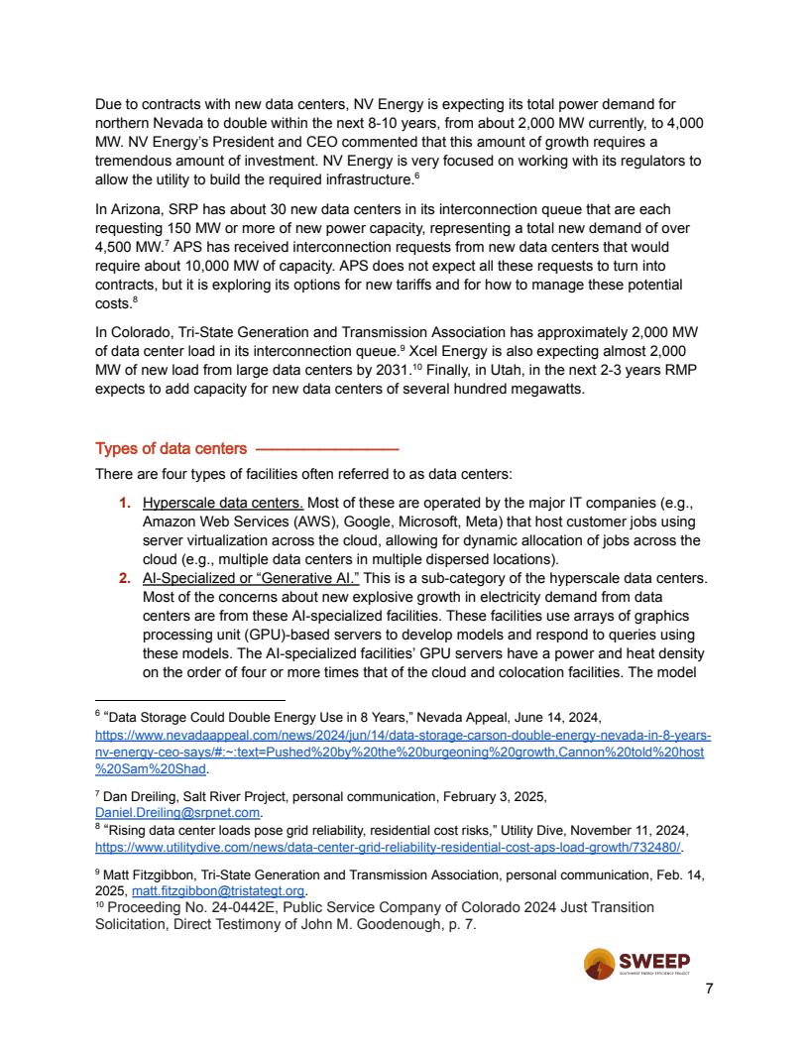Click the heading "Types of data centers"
pos(171,448)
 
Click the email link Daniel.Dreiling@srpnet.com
pos(176,813)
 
